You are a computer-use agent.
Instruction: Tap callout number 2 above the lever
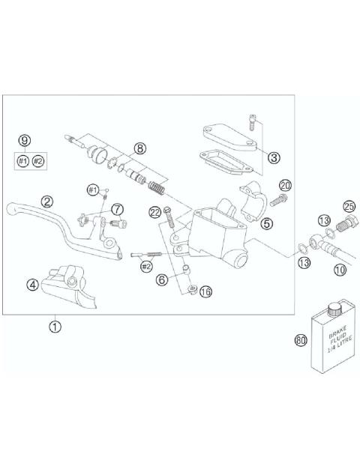[47, 201]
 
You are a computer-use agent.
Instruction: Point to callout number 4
[32, 284]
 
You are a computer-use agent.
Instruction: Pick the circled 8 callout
[139, 148]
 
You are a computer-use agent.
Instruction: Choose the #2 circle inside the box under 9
[39, 161]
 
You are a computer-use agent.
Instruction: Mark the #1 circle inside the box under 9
[22, 161]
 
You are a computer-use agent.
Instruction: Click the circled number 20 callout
[284, 185]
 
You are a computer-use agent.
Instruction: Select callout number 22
[154, 213]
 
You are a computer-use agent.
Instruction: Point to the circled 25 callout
[349, 206]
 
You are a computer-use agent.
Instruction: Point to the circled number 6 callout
[161, 279]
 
